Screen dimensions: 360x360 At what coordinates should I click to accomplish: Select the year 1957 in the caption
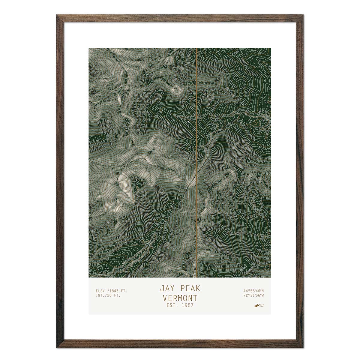pyautogui.click(x=187, y=306)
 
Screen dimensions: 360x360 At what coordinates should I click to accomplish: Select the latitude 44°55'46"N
pyautogui.click(x=253, y=291)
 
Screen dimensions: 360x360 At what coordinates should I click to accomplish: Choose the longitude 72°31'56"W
pyautogui.click(x=253, y=295)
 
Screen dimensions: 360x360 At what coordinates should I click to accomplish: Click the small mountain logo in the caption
pyautogui.click(x=256, y=306)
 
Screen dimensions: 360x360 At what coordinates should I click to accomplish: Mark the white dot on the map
pyautogui.click(x=188, y=122)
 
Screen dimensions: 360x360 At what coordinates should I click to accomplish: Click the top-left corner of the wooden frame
pyautogui.click(x=57, y=15)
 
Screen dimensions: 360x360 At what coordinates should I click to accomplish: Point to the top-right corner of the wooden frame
pyautogui.click(x=303, y=15)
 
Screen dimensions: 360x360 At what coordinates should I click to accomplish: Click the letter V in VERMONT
pyautogui.click(x=165, y=298)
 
